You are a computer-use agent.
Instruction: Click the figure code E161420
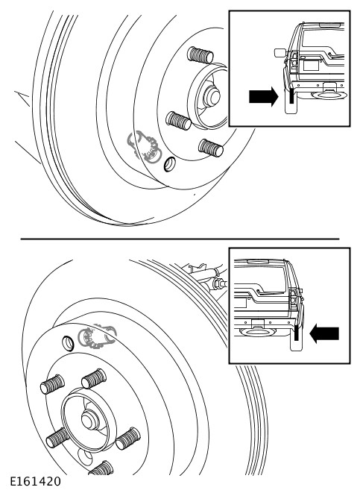click(x=35, y=481)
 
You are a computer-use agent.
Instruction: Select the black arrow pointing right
click(x=264, y=96)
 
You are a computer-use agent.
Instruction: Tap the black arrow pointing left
click(x=324, y=333)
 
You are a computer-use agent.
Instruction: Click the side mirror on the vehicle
click(x=280, y=53)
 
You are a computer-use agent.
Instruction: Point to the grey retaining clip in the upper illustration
click(x=145, y=148)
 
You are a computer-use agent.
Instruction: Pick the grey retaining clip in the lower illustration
click(x=98, y=336)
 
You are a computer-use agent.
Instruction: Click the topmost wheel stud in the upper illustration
click(x=200, y=55)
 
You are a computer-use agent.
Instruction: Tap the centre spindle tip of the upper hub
click(x=212, y=96)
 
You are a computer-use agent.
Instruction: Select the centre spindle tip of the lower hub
click(x=90, y=420)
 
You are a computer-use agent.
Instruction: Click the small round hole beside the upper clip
click(x=169, y=164)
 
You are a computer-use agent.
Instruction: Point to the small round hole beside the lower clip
click(x=69, y=343)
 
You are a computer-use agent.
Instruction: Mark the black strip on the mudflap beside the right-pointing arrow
click(x=291, y=96)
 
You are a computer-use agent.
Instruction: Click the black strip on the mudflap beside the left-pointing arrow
click(x=297, y=333)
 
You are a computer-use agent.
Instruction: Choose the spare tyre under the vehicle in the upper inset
click(x=329, y=95)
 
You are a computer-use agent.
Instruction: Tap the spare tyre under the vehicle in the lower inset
click(x=258, y=332)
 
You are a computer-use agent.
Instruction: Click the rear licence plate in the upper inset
click(x=311, y=65)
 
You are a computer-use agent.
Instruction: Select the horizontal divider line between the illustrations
click(x=180, y=239)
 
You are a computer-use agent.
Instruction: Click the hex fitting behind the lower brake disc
click(x=218, y=283)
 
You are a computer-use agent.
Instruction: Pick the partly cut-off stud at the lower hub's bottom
click(x=101, y=468)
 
